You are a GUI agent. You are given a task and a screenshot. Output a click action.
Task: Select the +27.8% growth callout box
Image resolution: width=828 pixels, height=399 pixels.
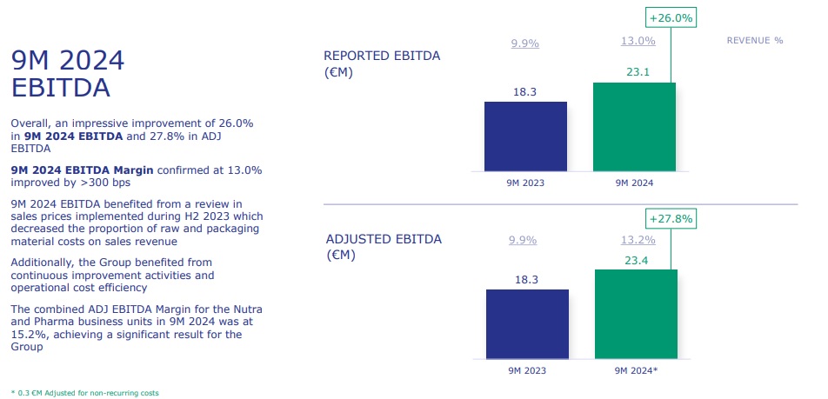point(671,219)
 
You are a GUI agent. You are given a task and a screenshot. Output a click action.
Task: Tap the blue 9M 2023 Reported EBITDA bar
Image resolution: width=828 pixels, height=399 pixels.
point(525,136)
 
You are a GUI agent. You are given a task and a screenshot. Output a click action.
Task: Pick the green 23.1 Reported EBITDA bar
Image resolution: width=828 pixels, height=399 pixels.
point(633,127)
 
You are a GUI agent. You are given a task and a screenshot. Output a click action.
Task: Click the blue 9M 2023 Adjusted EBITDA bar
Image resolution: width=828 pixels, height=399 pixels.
point(527,323)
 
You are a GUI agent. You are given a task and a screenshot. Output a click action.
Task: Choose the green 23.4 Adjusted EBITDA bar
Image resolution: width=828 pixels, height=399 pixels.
point(636,314)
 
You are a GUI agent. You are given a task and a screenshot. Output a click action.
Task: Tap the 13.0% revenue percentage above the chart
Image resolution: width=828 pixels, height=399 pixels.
point(638,41)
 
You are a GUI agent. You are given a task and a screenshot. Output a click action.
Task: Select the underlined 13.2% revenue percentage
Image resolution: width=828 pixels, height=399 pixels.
point(639,240)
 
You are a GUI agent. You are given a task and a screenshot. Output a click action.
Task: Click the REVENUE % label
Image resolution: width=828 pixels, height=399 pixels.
point(755,41)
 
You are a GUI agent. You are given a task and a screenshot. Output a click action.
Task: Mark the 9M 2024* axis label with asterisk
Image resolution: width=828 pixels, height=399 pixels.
point(637,370)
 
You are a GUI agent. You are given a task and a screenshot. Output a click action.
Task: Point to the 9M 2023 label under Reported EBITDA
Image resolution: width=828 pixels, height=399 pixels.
point(525,183)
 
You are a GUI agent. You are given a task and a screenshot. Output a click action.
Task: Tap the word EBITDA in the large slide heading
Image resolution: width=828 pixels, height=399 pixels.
point(60,88)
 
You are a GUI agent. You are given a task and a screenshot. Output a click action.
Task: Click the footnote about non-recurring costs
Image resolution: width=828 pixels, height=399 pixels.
point(84,393)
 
